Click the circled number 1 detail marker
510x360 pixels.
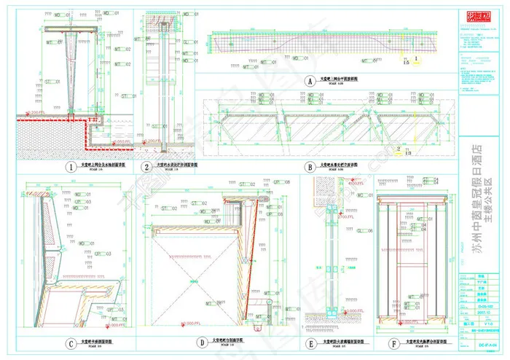point(71,167)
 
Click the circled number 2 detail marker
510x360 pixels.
point(147,167)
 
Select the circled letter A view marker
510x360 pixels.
point(309,82)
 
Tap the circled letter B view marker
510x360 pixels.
point(310,166)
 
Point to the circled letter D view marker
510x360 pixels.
point(200,341)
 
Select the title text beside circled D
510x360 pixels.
point(227,340)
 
